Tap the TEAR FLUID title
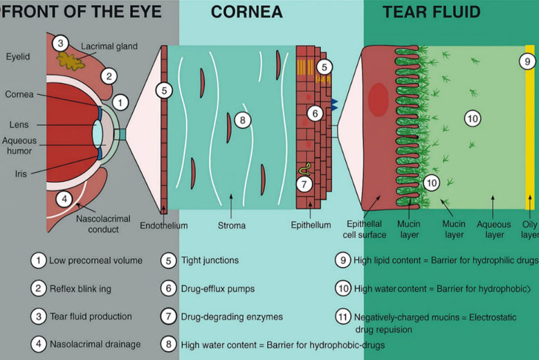pyautogui.click(x=431, y=12)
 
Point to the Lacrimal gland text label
pyautogui.click(x=109, y=46)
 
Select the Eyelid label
pyautogui.click(x=17, y=56)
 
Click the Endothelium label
pyautogui.click(x=163, y=226)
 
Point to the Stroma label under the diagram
pyautogui.click(x=231, y=226)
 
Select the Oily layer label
pyautogui.click(x=529, y=230)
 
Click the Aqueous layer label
pyautogui.click(x=495, y=230)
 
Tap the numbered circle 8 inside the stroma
pyautogui.click(x=241, y=120)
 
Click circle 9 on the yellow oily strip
pyautogui.click(x=528, y=62)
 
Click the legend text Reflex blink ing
pyautogui.click(x=81, y=288)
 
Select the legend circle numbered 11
pyautogui.click(x=342, y=316)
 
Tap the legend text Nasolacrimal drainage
pyautogui.click(x=95, y=343)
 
